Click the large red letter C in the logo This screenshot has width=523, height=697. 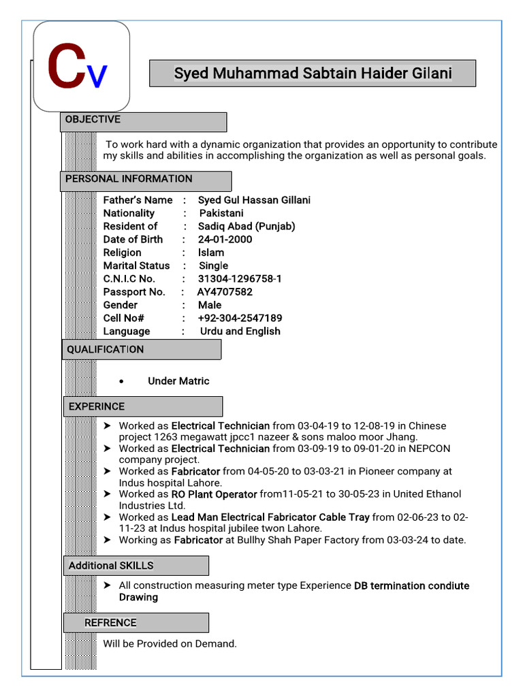coord(65,67)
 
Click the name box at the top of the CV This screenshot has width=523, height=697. coord(313,74)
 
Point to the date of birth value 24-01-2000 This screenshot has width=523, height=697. coord(225,240)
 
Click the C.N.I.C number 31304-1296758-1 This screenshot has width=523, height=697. coord(240,279)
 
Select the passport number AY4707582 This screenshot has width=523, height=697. coord(225,292)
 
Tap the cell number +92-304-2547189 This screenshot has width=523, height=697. coord(240,319)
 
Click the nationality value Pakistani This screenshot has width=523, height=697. coord(221,213)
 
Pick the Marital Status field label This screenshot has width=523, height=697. coord(136,266)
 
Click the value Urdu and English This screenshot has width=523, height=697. coord(240,331)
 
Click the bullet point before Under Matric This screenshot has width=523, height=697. coord(121,382)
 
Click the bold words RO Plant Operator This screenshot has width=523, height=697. coord(214,495)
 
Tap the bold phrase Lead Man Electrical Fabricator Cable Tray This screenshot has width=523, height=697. coord(270,517)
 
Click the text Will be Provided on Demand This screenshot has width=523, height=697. coord(170,644)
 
